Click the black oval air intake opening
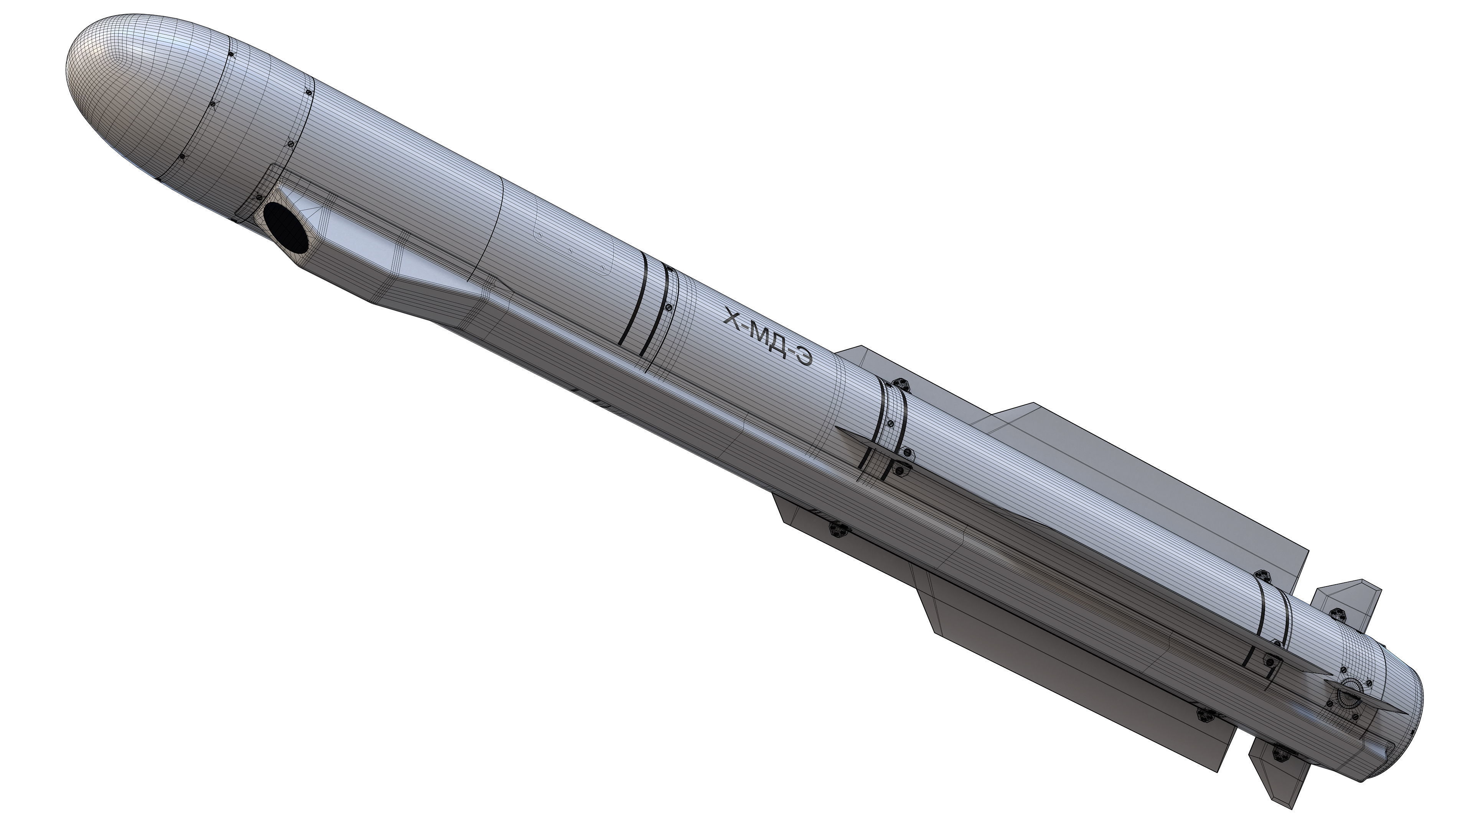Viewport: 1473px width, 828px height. pyautogui.click(x=286, y=227)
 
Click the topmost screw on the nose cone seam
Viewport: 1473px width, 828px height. pyautogui.click(x=231, y=55)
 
